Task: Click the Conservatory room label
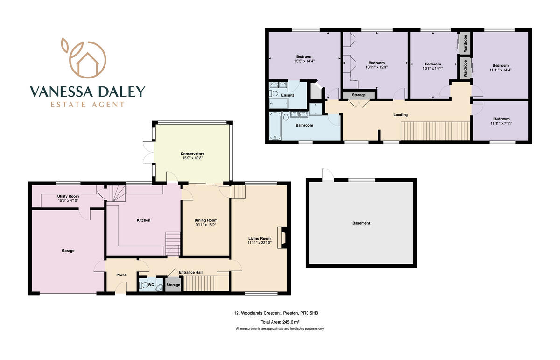[193, 154]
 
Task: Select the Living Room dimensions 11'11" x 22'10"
[259, 243]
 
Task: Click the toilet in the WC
[144, 285]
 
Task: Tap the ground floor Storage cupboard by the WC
[173, 285]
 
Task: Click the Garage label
[68, 251]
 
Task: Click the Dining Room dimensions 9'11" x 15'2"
[206, 225]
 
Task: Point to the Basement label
[361, 223]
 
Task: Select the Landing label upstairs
[400, 115]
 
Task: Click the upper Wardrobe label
[465, 43]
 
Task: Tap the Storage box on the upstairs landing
[358, 95]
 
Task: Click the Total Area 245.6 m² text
[280, 322]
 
